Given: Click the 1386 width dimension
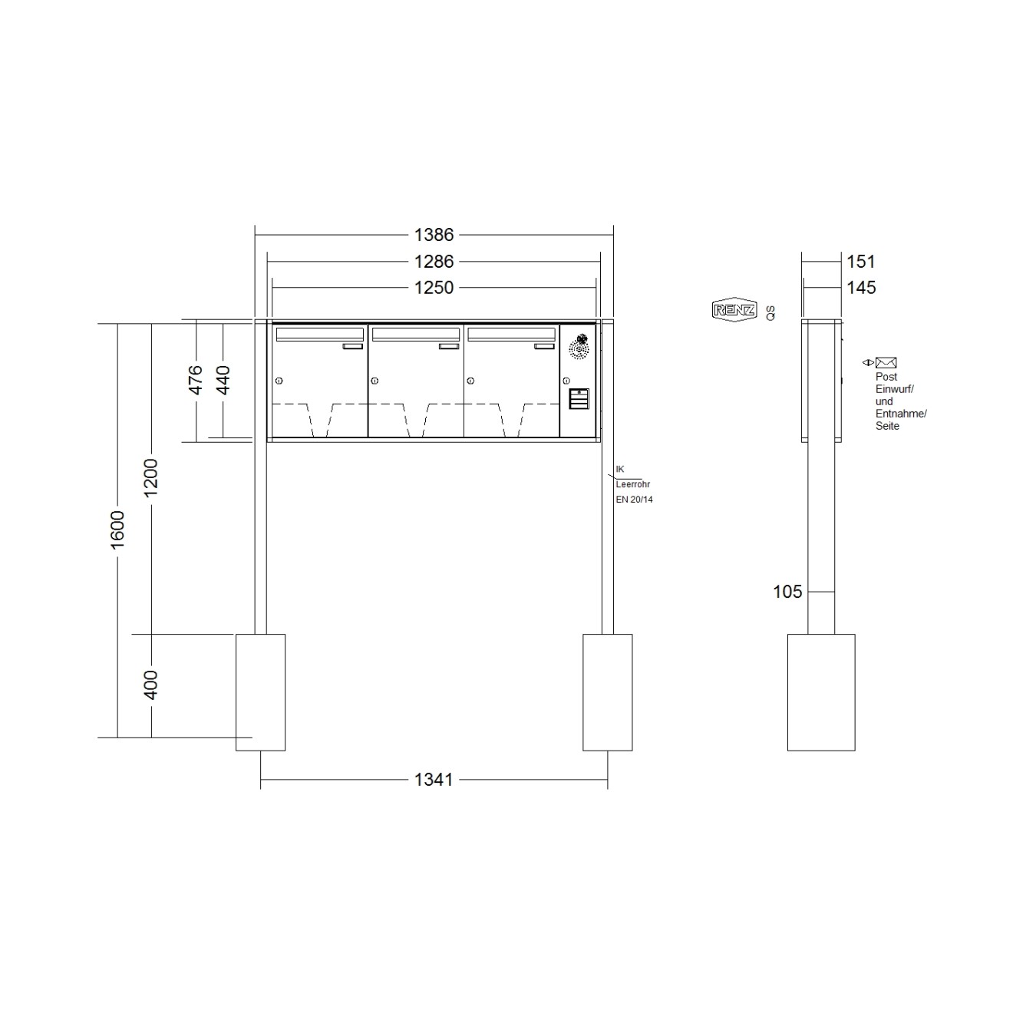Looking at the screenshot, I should click(434, 235).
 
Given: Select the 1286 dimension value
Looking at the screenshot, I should click(434, 262).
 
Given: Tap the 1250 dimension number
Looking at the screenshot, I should click(434, 288).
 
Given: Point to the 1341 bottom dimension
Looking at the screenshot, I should click(434, 780).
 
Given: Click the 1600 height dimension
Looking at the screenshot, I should click(117, 530).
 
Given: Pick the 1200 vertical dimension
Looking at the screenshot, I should click(151, 477).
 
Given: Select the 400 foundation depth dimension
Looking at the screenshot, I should click(151, 685).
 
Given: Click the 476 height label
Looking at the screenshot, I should click(196, 380).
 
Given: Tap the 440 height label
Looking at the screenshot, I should click(223, 380).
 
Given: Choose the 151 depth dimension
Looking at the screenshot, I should click(860, 262).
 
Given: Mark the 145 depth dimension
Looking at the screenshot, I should click(861, 288).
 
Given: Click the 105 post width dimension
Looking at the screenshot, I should click(787, 592).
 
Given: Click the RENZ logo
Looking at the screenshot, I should click(734, 310).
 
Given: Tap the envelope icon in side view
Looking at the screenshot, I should click(886, 363).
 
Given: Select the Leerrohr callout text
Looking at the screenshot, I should click(633, 484).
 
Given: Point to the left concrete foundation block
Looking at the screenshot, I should click(260, 691).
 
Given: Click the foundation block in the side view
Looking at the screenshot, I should click(820, 691).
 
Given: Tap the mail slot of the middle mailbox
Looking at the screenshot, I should click(415, 334).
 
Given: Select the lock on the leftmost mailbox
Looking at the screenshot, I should click(279, 381).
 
